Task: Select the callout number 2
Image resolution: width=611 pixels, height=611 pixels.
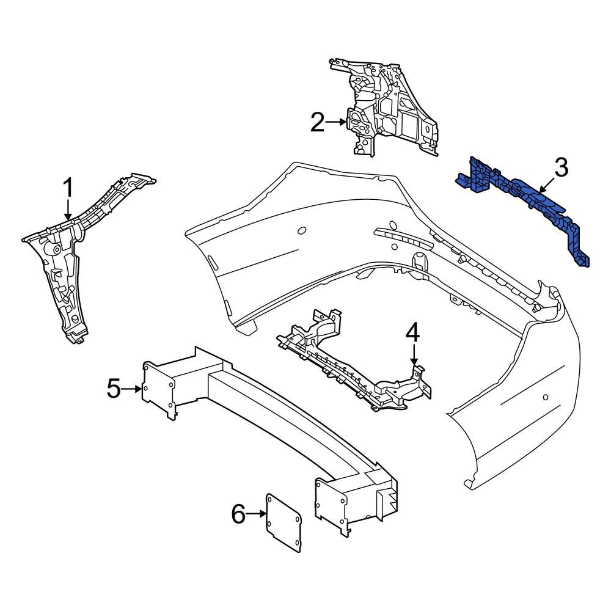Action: coord(317,122)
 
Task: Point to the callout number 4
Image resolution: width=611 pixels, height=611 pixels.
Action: coord(413,333)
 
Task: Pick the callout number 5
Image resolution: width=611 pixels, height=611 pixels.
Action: coord(114,388)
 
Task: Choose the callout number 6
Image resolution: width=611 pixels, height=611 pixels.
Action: coord(238,515)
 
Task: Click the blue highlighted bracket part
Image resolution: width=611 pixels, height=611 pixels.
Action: coord(525,202)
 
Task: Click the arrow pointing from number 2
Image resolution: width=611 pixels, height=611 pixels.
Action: coord(336,122)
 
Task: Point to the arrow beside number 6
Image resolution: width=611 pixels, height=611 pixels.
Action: coord(257,515)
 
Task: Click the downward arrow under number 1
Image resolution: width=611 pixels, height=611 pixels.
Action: coord(69,211)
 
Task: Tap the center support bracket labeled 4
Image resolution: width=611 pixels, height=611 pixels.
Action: coord(354,367)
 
